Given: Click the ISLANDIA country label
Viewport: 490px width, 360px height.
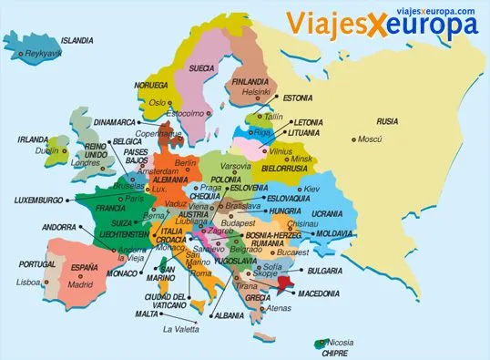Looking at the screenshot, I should point(77,41).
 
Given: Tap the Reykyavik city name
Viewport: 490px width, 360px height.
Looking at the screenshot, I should point(44,55).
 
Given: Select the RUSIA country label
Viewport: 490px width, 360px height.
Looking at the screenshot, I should point(388,121).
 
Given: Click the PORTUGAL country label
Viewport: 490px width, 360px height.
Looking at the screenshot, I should point(25,264).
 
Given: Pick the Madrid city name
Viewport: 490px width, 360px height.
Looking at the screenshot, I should point(80,283).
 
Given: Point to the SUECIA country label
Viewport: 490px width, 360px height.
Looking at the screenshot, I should point(202,67).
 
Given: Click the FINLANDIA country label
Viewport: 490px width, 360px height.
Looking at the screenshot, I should point(251,81).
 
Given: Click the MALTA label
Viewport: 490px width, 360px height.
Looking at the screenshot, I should point(147,313).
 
